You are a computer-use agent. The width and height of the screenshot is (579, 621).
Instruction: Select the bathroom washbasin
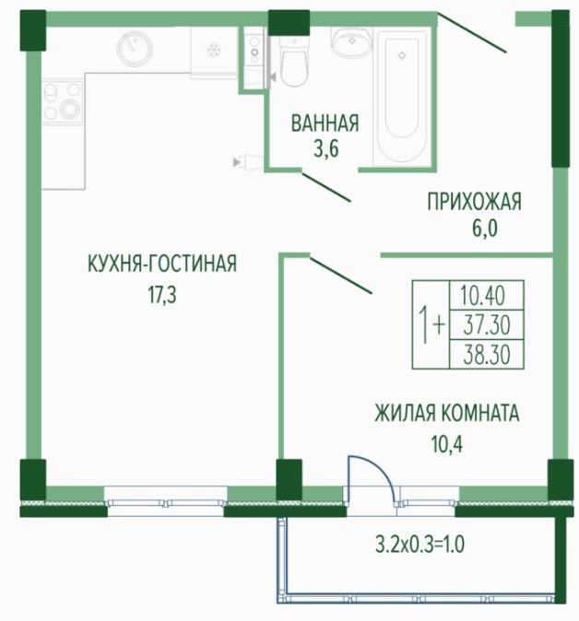coord(351,42)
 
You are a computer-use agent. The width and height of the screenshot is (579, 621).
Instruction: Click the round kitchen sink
coord(135,49)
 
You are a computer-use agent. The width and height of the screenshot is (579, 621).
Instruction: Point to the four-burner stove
coord(63,102)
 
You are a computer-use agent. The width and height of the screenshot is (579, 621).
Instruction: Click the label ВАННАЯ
coord(325,123)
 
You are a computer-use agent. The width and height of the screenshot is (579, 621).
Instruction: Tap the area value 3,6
coord(326,149)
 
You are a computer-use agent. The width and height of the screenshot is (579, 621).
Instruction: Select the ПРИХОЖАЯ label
coord(474,202)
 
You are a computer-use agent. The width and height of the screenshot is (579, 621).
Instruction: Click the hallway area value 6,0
coord(484,228)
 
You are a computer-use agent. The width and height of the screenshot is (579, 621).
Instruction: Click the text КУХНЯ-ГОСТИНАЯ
coord(162,264)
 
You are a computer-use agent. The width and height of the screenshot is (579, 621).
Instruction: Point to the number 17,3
coord(162,294)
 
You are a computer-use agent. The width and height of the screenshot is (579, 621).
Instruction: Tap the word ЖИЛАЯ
coord(404,413)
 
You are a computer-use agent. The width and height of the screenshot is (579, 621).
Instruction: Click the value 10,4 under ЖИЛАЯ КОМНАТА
coord(447,444)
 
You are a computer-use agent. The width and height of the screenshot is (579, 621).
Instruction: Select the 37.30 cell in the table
coord(487,325)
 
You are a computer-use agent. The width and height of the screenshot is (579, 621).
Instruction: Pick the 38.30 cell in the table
coord(487,355)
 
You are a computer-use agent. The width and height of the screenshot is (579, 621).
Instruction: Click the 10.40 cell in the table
coord(487,296)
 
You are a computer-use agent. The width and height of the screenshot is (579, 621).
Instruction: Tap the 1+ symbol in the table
coord(431,324)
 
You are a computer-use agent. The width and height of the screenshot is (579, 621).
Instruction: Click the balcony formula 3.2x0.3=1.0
coord(419,545)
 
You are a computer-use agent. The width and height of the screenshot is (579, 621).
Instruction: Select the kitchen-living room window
coord(166,502)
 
